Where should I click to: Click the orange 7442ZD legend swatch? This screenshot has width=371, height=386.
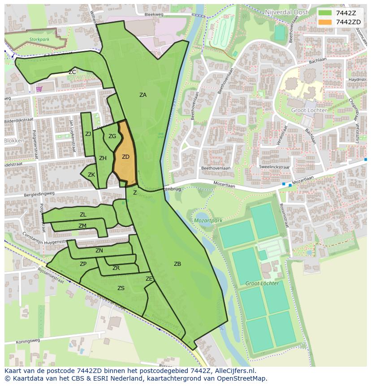(325, 22)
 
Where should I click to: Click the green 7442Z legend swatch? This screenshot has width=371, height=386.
(325, 13)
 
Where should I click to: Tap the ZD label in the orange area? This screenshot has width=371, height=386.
(125, 157)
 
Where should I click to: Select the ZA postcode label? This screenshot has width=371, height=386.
(142, 95)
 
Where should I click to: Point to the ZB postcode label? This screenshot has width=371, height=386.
(177, 264)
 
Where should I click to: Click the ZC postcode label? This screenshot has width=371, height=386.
(72, 72)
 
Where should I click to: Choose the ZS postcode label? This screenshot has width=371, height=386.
(121, 288)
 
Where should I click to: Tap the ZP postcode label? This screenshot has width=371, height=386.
(83, 264)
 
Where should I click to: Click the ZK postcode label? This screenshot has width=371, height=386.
(91, 175)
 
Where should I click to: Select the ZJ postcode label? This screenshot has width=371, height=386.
(88, 134)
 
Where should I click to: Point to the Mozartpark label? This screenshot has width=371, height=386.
(208, 221)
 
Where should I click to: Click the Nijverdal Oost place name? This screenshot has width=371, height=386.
(286, 12)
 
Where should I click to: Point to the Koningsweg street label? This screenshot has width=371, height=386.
(28, 340)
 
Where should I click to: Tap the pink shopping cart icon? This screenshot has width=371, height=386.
(39, 88)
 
